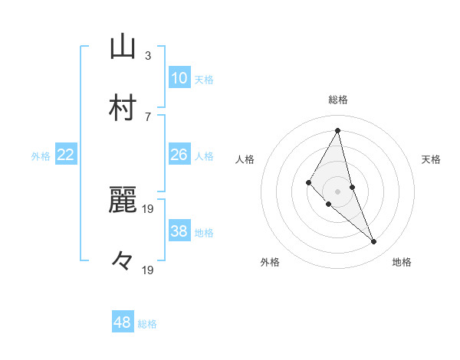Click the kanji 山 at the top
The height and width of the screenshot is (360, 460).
123,47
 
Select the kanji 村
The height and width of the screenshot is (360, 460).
123,109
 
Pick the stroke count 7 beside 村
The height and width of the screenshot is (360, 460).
148,116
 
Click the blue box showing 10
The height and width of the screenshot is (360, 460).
179,78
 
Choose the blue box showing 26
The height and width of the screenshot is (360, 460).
179,155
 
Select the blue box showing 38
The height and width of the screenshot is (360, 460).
179,231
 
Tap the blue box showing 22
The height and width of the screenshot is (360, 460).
66,155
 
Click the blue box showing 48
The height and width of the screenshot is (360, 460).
123,322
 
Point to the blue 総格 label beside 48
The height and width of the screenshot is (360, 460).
147,324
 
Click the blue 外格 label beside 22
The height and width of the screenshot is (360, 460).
41,156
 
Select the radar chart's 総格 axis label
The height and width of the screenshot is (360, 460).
338,100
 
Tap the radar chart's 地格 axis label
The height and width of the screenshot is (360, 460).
402,263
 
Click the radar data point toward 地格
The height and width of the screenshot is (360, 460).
374,241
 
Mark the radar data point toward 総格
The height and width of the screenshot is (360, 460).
338,130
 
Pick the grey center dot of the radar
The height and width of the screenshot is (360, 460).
338,191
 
